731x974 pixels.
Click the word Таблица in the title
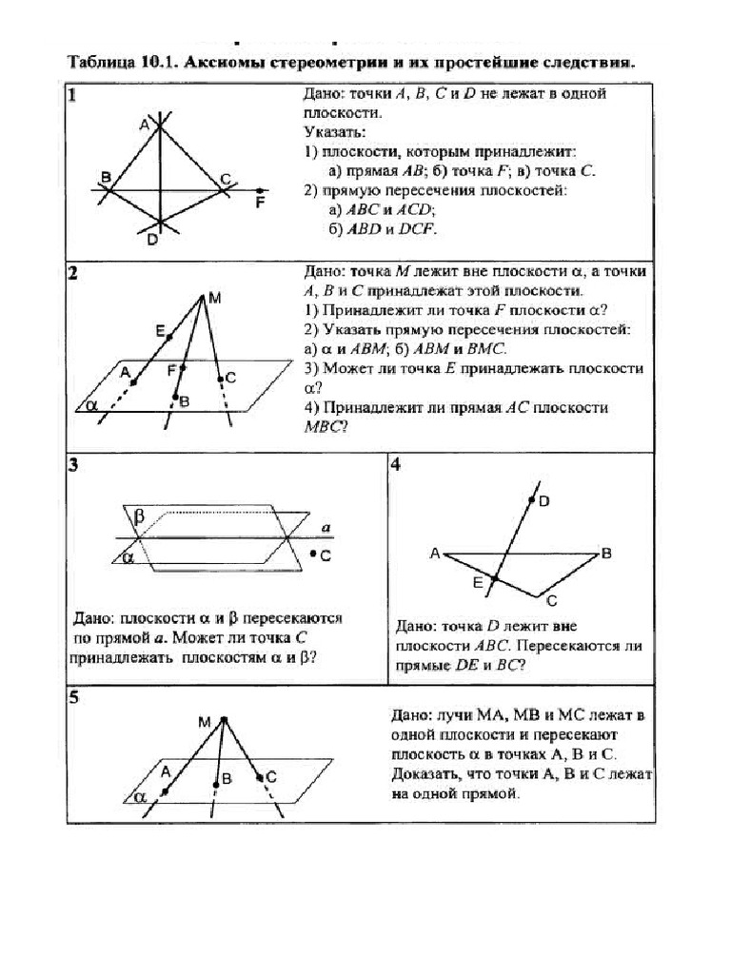[100, 63]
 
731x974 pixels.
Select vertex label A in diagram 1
[144, 125]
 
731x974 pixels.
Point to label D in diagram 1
[152, 240]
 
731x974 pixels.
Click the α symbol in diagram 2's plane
[92, 403]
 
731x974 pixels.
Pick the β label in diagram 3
[139, 516]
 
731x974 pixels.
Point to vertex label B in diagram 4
[606, 553]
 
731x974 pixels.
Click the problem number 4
[395, 465]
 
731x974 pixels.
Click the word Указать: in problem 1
[329, 130]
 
